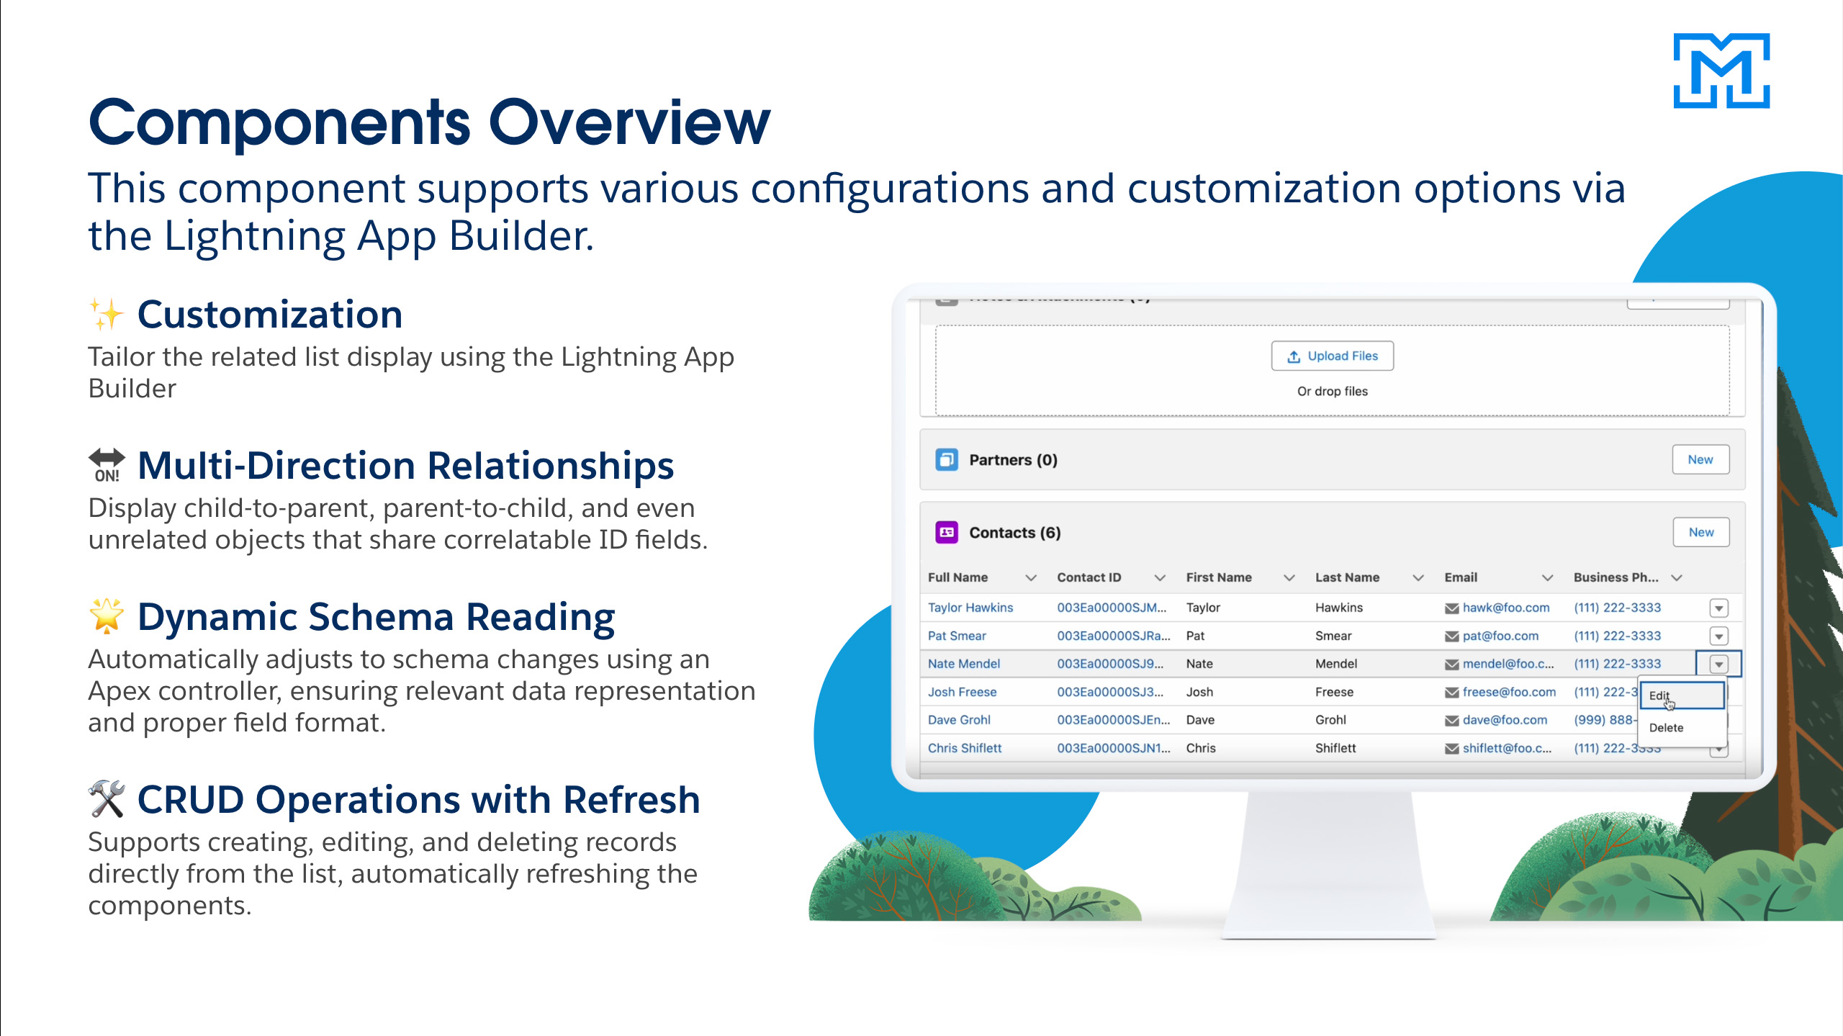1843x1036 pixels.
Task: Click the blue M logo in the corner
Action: [x=1721, y=71]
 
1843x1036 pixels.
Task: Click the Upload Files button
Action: [x=1332, y=356]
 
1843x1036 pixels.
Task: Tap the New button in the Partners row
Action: [x=1700, y=459]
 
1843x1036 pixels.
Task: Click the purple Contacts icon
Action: [x=947, y=533]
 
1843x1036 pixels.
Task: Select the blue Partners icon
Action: [x=947, y=459]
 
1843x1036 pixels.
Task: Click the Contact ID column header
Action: [x=1089, y=577]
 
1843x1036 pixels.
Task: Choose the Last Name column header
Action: [x=1347, y=577]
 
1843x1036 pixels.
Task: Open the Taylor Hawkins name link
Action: [x=970, y=608]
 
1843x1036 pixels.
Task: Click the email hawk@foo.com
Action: [x=1506, y=608]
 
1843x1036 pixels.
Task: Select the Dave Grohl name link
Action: [x=959, y=720]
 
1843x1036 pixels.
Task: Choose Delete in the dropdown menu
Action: [x=1666, y=728]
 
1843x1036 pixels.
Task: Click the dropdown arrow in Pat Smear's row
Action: [x=1718, y=636]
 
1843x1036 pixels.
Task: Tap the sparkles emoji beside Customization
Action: [x=106, y=315]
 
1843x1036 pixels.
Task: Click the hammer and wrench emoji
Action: [x=107, y=799]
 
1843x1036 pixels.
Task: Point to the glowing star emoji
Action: [x=106, y=616]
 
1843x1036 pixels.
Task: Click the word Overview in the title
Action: [x=629, y=123]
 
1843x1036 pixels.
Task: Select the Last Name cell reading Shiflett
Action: [x=1335, y=748]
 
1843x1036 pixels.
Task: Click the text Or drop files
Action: [x=1332, y=392]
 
